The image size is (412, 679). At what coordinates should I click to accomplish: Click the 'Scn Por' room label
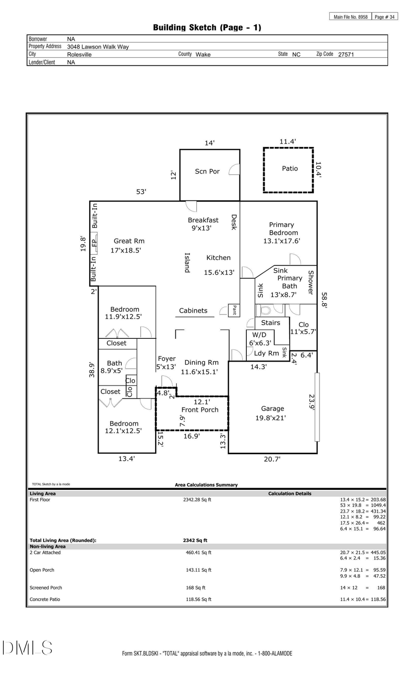207,171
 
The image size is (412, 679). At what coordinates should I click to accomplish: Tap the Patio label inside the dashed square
289,168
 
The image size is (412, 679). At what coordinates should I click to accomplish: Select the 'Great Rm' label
129,241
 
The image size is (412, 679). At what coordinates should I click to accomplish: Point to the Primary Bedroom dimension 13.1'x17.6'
281,241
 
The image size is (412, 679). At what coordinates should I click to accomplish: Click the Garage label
272,408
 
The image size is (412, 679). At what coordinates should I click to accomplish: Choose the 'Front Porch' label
200,410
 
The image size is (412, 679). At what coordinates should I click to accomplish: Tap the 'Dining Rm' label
201,362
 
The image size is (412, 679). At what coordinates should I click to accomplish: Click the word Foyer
167,359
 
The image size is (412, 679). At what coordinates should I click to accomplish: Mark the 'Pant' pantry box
234,310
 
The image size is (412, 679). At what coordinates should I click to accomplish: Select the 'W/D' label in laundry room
259,335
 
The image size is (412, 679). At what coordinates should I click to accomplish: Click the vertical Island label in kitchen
187,263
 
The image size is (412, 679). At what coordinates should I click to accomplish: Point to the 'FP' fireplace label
94,243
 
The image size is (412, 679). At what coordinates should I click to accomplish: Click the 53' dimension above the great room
141,192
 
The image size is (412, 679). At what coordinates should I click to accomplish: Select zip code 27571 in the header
346,54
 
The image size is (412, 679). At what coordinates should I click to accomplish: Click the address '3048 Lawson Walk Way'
98,47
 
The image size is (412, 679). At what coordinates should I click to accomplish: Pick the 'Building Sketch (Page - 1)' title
207,27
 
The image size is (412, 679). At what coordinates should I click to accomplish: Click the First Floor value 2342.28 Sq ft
197,500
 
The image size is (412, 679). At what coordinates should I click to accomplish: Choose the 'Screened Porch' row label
46,587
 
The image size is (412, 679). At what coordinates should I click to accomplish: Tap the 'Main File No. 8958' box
350,17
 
